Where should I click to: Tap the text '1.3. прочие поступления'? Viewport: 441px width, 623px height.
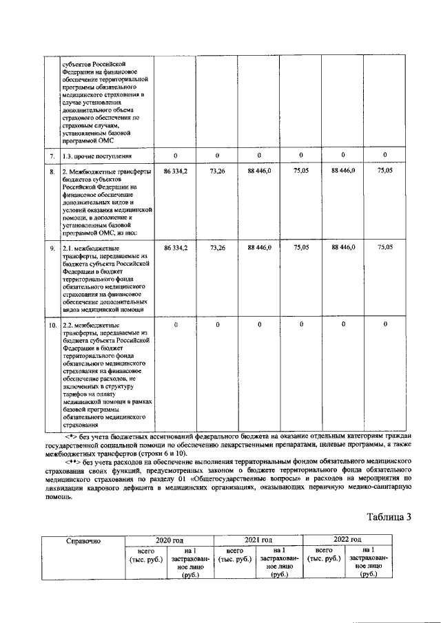coord(93,156)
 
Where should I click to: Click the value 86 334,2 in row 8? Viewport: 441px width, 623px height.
coord(175,170)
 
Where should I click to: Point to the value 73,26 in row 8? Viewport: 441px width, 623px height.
coord(217,170)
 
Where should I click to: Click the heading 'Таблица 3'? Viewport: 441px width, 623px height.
coord(389,518)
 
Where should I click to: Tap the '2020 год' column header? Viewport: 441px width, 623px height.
coord(168,540)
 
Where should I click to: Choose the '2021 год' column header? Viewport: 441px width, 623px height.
coord(258,540)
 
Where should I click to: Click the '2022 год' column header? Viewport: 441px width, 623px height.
coord(347,540)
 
